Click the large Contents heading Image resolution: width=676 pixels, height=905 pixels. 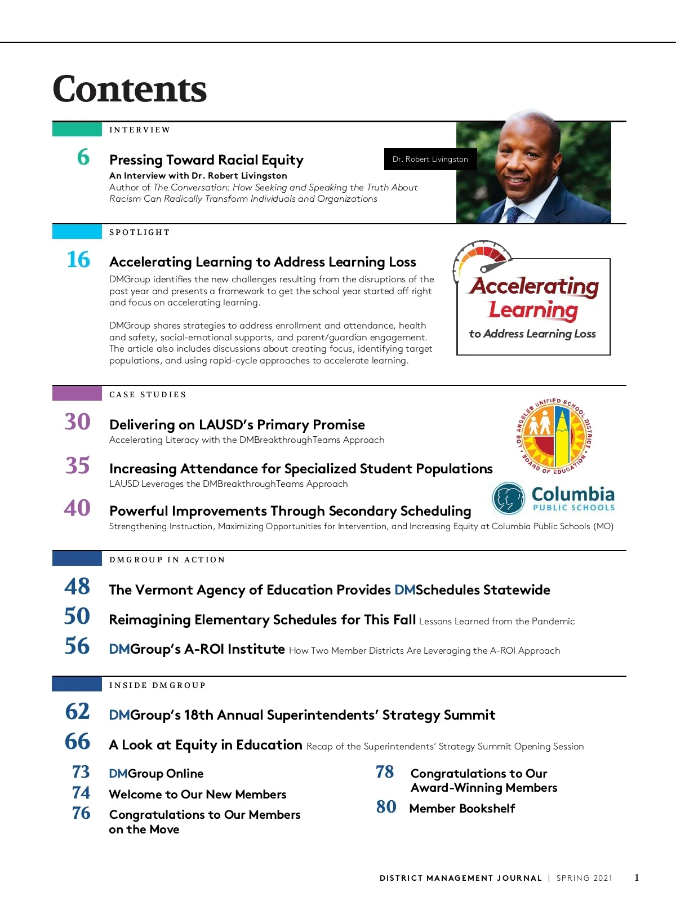coord(130,89)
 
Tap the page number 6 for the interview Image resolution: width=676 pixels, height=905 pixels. coord(83,157)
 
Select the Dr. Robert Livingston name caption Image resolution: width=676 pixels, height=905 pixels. coord(430,159)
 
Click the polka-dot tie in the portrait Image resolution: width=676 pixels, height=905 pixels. coord(514,215)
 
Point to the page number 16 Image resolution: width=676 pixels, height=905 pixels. coord(78,260)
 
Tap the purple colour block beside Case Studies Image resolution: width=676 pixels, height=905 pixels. coord(77,393)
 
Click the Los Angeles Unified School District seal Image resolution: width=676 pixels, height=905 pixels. coord(554,436)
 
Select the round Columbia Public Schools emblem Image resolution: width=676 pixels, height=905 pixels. coord(509,498)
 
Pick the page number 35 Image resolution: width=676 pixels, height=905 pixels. coord(78,465)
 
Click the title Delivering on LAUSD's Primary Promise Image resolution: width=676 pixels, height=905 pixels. coord(237,424)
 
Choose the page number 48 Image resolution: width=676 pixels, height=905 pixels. coord(77,587)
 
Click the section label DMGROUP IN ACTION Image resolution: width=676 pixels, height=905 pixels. coord(167,560)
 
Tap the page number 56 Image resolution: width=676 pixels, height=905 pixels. coord(77,646)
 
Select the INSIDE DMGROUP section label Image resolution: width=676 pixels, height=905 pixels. coord(158,685)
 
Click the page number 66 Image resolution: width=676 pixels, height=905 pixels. coord(77,742)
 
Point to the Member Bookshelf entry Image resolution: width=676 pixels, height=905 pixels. coord(462,809)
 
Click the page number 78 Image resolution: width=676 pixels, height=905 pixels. coord(385,772)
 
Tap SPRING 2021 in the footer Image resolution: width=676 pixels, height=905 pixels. coord(584,878)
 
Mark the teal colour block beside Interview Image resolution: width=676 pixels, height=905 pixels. coord(77,129)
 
